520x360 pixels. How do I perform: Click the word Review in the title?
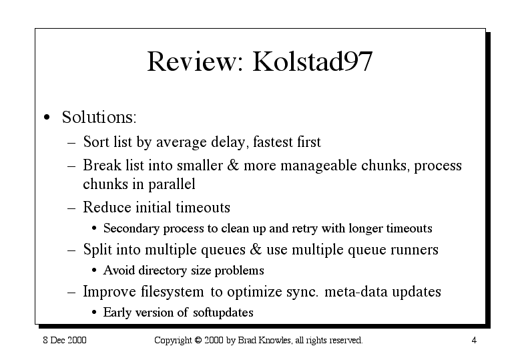click(196, 61)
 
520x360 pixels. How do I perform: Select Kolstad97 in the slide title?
click(312, 61)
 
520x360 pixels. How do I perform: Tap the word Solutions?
click(99, 117)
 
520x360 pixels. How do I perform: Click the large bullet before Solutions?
click(47, 118)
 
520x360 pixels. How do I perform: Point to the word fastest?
click(273, 142)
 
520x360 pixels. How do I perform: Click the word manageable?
click(318, 166)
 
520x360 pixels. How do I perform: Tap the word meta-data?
click(356, 292)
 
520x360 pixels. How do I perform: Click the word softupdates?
click(223, 313)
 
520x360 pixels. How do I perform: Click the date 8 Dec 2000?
click(65, 340)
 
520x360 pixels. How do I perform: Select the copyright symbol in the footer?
click(198, 340)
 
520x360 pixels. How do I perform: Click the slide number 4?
click(474, 341)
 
